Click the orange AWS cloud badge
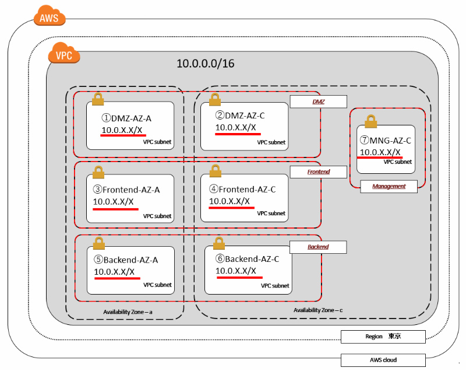(49, 17)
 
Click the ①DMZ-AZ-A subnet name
(126, 118)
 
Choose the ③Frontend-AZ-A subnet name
(126, 190)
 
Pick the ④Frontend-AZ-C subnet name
(242, 189)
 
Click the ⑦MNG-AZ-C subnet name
(386, 141)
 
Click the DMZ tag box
(318, 101)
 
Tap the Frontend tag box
(318, 172)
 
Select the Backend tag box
(318, 247)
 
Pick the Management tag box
(389, 187)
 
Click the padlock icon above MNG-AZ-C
(370, 121)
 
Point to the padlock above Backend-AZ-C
(218, 243)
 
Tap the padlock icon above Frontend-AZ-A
(98, 171)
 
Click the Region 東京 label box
(383, 337)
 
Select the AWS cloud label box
(383, 360)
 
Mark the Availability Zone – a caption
(128, 313)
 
